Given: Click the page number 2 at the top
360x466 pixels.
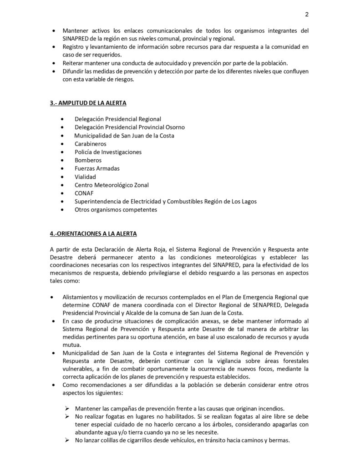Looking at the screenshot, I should [x=307, y=14].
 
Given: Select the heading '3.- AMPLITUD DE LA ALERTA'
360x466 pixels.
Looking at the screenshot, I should [x=88, y=103].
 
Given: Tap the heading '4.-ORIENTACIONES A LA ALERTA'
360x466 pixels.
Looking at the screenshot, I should [x=93, y=233].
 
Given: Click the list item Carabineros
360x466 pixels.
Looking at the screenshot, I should [x=91, y=143].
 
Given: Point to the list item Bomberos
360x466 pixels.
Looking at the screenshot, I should [x=88, y=160].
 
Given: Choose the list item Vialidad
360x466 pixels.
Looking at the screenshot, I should [x=86, y=177].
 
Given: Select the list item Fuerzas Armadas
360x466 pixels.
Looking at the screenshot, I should [x=97, y=168].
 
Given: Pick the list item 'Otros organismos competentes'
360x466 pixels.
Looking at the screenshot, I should [x=116, y=210].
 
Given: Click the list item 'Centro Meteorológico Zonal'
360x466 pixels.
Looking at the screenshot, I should [x=112, y=185].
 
